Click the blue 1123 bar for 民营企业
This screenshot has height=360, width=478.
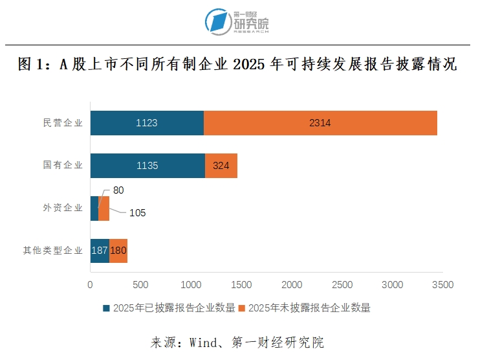(147, 123)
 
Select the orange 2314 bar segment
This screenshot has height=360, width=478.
(320, 123)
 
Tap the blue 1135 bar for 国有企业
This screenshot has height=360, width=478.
(147, 166)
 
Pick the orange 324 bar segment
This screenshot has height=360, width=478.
(221, 166)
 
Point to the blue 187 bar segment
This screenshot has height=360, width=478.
(100, 251)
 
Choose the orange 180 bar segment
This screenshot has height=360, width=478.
(118, 251)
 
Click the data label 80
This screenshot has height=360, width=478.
(118, 190)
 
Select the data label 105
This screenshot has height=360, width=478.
(137, 213)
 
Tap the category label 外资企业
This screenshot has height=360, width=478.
(63, 208)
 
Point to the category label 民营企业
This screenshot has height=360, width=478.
(63, 123)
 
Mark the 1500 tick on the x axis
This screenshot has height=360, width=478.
(242, 284)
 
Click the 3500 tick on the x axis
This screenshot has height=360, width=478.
(444, 284)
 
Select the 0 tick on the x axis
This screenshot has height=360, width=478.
(90, 284)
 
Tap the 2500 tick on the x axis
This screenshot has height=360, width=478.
(343, 284)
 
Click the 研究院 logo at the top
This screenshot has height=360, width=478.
(237, 23)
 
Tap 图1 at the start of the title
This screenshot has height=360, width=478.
(31, 65)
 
